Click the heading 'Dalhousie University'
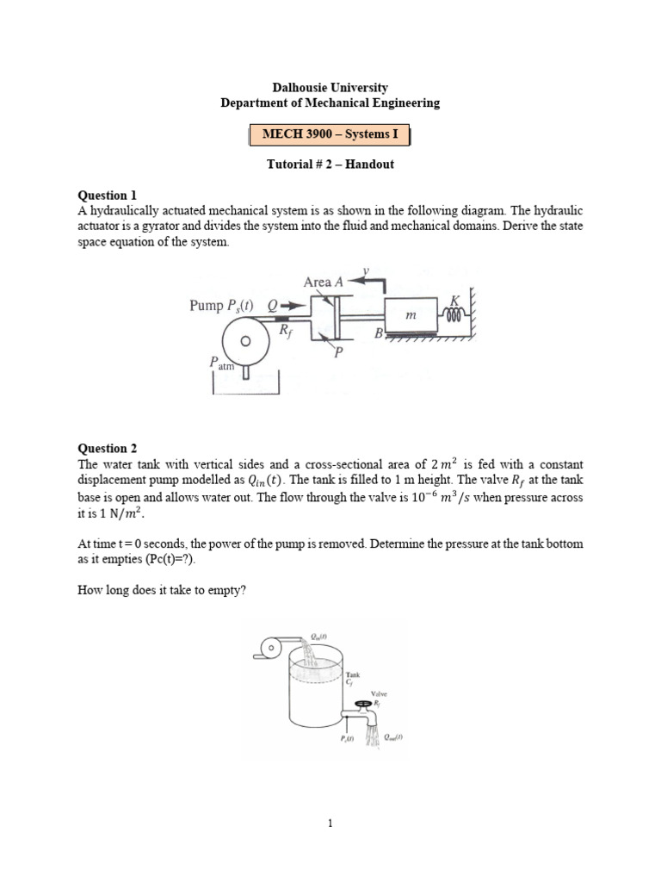click(330, 87)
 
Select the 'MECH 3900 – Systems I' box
click(330, 135)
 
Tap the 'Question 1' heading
click(108, 196)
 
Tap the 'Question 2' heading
click(108, 448)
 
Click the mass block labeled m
click(411, 316)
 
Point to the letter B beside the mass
click(378, 335)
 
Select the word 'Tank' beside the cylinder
click(352, 674)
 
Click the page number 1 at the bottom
click(330, 823)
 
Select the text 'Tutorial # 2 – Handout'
click(330, 164)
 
